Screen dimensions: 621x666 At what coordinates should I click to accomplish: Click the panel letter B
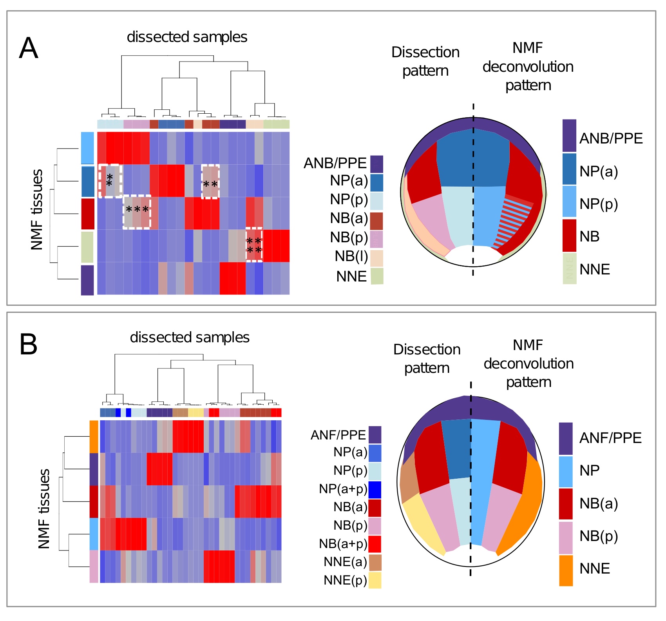[28, 345]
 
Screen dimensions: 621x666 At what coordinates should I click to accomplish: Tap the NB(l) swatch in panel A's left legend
[376, 258]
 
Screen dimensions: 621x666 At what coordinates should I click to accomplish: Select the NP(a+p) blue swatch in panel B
[375, 490]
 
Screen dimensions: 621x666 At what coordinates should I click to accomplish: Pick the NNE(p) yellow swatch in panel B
[375, 580]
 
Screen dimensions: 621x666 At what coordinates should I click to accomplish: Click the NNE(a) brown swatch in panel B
[375, 562]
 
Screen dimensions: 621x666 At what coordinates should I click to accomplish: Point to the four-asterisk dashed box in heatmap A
[254, 245]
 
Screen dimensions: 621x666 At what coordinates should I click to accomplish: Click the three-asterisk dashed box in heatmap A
[137, 212]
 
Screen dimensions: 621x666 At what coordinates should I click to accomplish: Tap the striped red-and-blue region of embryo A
[513, 222]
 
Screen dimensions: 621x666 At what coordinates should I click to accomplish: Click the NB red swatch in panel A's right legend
[569, 235]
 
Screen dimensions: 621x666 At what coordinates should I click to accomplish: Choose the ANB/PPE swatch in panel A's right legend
[569, 136]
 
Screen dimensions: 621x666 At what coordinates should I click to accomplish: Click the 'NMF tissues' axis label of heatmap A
[37, 210]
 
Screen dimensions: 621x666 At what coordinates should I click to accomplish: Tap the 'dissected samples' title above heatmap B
[190, 338]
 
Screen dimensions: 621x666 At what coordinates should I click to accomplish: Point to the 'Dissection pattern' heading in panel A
[425, 62]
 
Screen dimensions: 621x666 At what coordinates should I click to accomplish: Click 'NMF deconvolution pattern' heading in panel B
[528, 363]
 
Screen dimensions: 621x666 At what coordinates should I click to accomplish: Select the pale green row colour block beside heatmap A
[87, 247]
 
